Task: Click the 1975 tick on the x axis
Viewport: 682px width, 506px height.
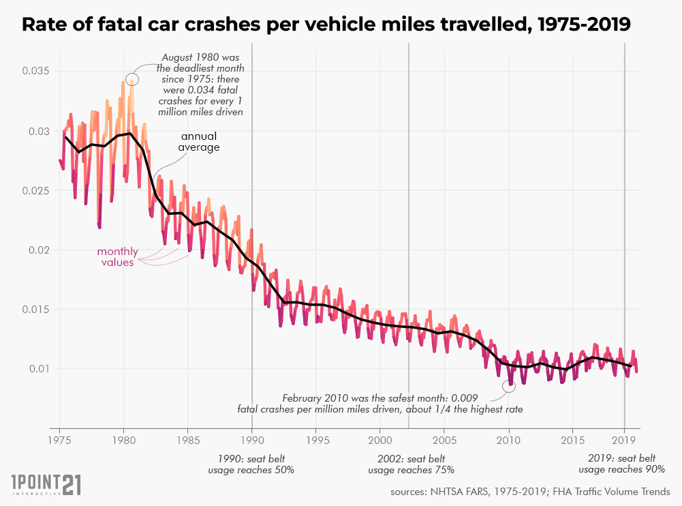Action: (59, 440)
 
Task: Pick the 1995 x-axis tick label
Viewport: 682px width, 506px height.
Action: (315, 440)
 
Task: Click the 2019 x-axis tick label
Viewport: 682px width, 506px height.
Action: (625, 440)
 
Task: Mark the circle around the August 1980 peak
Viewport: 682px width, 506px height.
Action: (132, 80)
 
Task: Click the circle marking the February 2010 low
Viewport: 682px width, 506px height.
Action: (509, 387)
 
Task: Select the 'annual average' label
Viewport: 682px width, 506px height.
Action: (199, 142)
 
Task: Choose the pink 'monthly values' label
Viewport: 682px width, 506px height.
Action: (117, 256)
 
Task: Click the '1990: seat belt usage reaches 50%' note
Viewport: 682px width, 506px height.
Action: (251, 464)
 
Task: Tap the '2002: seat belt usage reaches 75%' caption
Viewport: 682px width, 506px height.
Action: (411, 464)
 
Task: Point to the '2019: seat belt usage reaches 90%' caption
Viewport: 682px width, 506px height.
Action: (621, 464)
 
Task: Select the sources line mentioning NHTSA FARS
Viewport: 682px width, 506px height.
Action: (530, 492)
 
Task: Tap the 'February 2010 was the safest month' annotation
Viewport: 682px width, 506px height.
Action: (380, 403)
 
